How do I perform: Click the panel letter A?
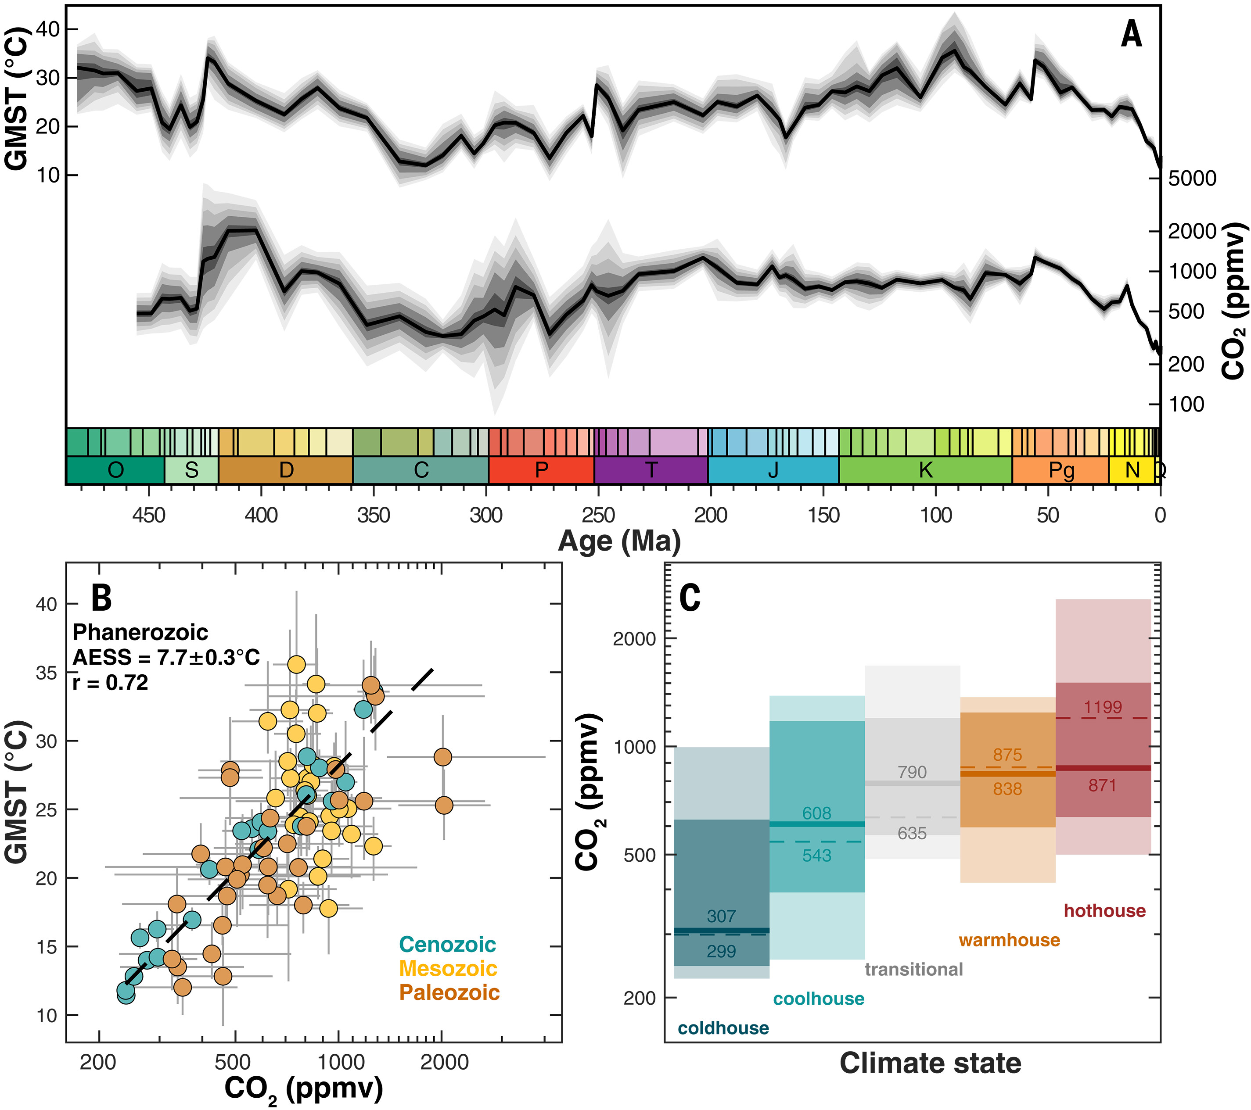(x=1131, y=34)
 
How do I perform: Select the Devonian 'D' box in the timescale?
(x=286, y=470)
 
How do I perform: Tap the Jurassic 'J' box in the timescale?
(x=773, y=470)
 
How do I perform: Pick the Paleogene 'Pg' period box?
(x=1060, y=470)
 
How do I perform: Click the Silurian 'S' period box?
(x=191, y=470)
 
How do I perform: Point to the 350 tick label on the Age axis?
(x=374, y=515)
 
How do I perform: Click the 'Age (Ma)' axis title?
(x=619, y=541)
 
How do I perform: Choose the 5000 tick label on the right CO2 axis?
(x=1192, y=179)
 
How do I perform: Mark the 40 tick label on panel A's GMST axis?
(x=48, y=29)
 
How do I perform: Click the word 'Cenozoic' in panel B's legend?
(x=447, y=944)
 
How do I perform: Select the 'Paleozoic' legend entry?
(x=449, y=992)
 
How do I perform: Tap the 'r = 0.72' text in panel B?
(x=110, y=682)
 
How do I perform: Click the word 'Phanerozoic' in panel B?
(x=140, y=632)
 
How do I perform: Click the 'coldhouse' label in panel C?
(x=723, y=1028)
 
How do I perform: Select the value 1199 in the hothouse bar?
(x=1102, y=707)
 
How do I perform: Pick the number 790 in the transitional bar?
(x=912, y=772)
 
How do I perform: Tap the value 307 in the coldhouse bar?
(x=721, y=916)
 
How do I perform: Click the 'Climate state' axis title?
(x=930, y=1063)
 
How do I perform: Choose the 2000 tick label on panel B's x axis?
(x=444, y=1062)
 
